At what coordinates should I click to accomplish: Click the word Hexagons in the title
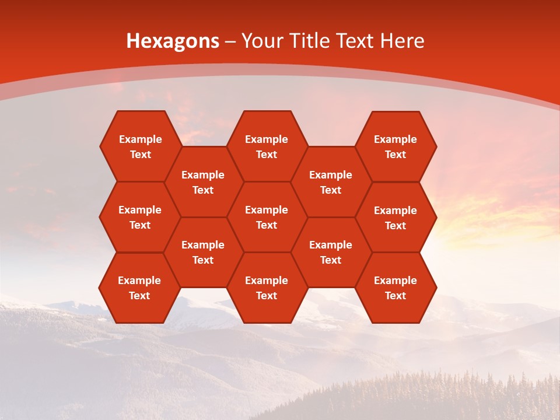point(173,41)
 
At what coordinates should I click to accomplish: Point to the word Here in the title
point(402,41)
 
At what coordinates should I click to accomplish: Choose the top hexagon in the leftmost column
point(140,146)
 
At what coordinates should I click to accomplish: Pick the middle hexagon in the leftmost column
point(140,217)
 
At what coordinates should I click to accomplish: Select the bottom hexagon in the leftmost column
point(139,288)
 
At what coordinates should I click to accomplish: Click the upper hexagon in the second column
point(203,182)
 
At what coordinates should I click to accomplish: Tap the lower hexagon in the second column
point(203,252)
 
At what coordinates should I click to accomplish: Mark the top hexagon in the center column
point(267,146)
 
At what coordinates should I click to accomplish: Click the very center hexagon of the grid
point(267,217)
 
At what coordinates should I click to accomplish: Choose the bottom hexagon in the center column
point(267,288)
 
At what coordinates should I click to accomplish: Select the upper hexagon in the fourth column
point(331,182)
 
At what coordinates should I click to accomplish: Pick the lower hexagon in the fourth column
point(331,252)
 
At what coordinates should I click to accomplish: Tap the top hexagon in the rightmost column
point(395,146)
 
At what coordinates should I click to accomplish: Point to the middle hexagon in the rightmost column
point(395,218)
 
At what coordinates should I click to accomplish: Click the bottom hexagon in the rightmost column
point(395,288)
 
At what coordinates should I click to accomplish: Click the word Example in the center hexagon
point(267,210)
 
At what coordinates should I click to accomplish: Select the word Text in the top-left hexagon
point(140,155)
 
